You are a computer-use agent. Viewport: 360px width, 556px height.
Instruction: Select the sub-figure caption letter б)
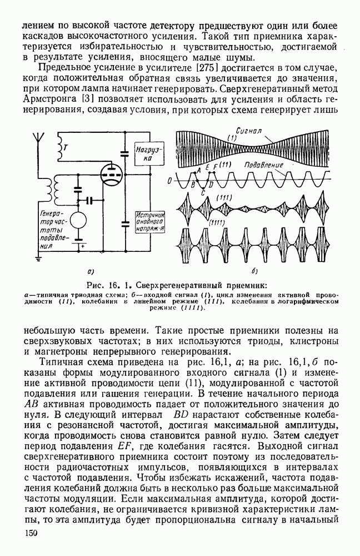pos(253,272)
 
